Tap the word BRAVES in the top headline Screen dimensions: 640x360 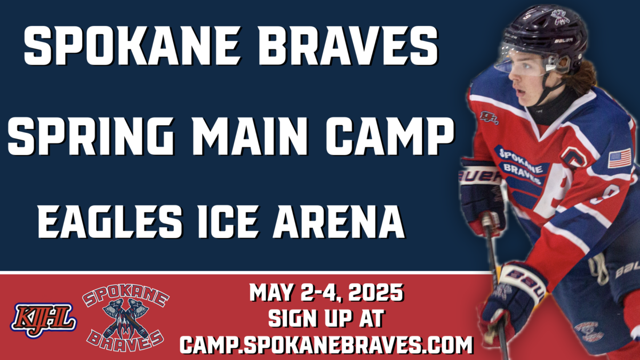pos(347,46)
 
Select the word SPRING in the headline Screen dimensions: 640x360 pos(91,137)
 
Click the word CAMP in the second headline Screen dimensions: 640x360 pos(390,137)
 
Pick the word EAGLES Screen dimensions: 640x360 pos(110,222)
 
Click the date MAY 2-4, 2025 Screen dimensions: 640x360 pos(326,293)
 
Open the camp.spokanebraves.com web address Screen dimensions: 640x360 pos(326,345)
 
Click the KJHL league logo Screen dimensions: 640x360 pos(44,319)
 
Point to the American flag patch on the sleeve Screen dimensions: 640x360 pos(619,158)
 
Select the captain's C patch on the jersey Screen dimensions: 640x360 pos(573,157)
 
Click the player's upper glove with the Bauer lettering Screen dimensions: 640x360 pos(481,194)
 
